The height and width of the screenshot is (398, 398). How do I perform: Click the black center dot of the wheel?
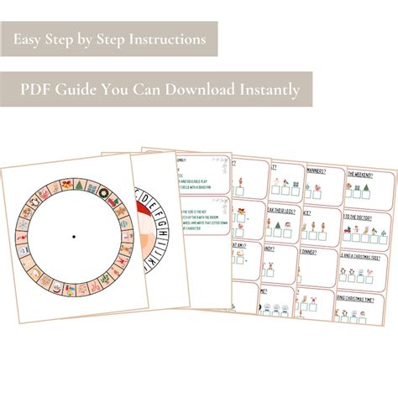click(74, 238)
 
